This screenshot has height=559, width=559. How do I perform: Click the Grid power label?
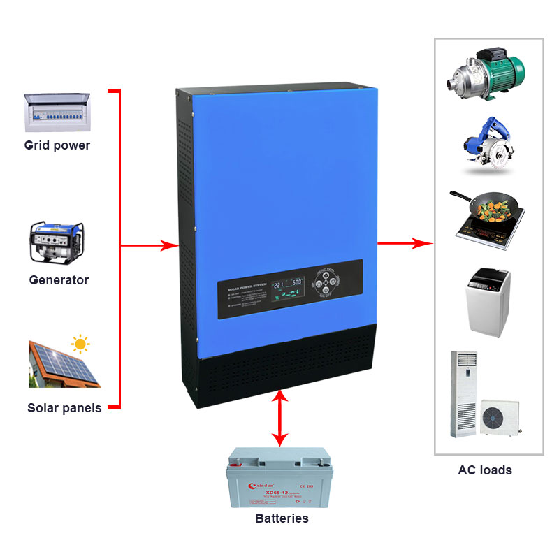(x=57, y=146)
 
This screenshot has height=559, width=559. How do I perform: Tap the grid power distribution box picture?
(x=57, y=112)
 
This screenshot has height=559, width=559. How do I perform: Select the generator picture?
(x=57, y=242)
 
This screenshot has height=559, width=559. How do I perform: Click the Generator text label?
(x=59, y=280)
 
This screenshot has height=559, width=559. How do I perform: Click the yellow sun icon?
(x=81, y=344)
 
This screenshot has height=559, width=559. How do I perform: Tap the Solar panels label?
(x=64, y=408)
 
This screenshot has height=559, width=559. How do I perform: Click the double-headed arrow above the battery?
(x=280, y=419)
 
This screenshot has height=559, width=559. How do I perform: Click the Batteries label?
(x=282, y=518)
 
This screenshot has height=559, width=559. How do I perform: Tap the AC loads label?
(x=485, y=470)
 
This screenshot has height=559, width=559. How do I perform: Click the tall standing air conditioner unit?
(x=463, y=393)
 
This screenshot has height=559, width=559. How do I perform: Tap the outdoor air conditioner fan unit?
(x=500, y=416)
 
